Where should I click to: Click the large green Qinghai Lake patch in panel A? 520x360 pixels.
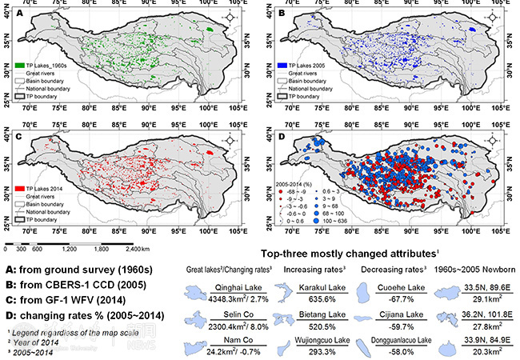point(210,30)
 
